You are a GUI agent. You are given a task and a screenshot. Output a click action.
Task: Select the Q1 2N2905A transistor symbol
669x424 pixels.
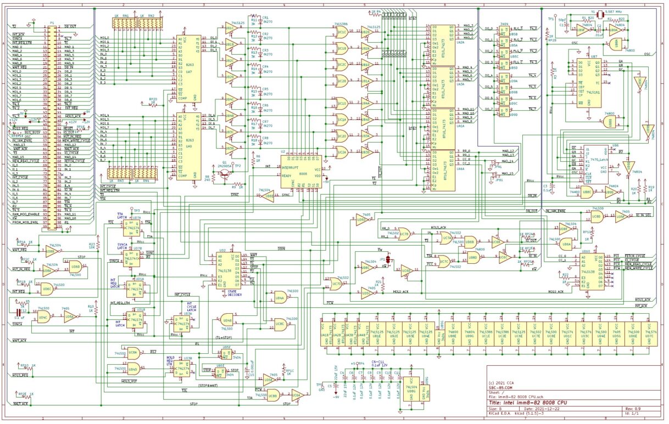224,173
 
